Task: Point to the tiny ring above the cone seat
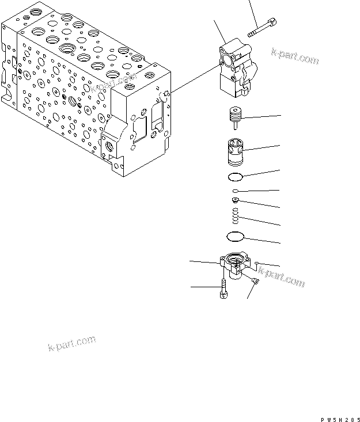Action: coord(236,191)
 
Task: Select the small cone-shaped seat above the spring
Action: coord(236,200)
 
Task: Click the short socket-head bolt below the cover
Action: coord(222,287)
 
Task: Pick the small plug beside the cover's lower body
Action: coord(254,279)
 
